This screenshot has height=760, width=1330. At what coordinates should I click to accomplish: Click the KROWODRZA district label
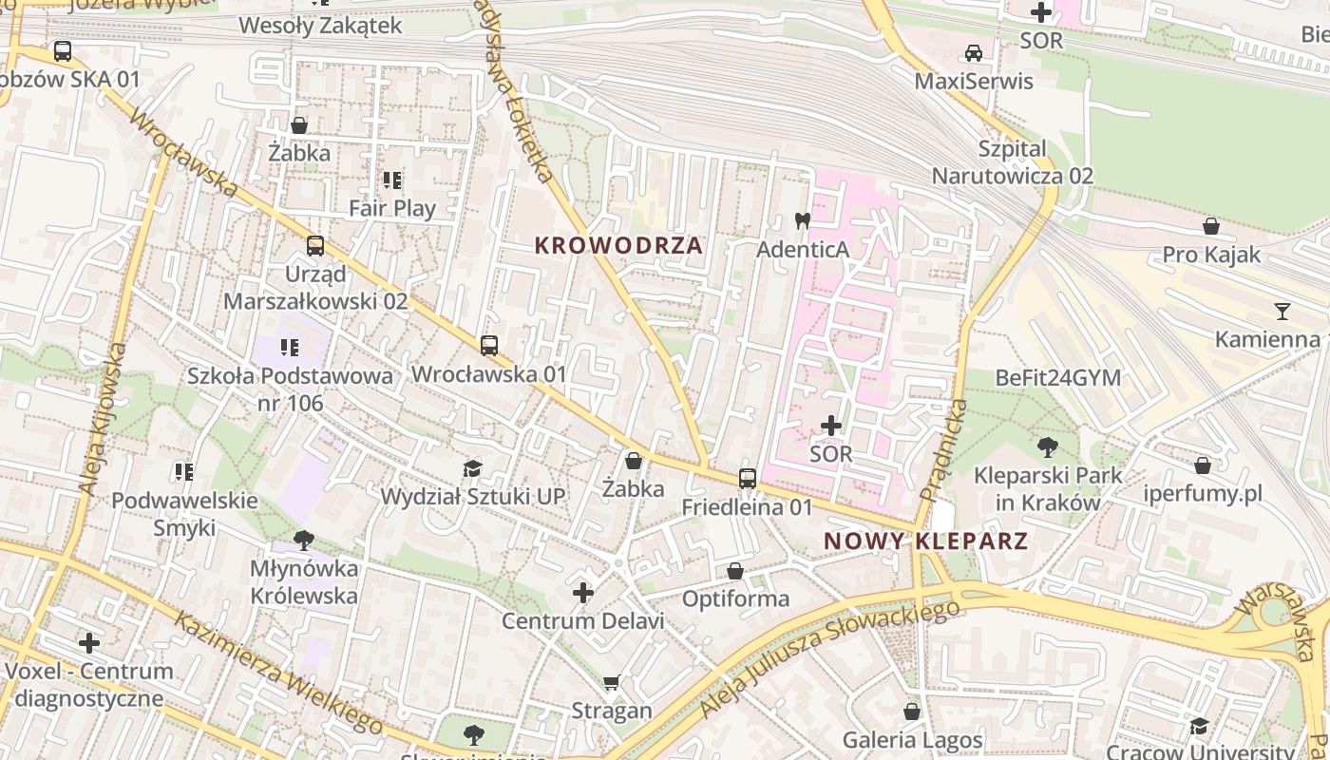pos(618,246)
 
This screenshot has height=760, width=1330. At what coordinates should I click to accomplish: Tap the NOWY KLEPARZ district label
pos(925,541)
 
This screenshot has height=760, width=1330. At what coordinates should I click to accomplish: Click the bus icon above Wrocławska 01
pos(489,346)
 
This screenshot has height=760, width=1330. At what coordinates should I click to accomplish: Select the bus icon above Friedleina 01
pos(748,479)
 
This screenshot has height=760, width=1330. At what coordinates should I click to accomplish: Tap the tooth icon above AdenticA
pos(802,220)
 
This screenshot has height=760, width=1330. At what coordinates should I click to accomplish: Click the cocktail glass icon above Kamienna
pos(1282,311)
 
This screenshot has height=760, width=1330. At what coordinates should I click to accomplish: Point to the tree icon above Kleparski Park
pos(1048,446)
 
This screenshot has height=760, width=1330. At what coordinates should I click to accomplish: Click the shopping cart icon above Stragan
pos(612,682)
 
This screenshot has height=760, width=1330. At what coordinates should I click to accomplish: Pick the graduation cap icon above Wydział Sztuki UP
pos(472,467)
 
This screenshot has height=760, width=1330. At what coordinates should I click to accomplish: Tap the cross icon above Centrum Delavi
pos(583,594)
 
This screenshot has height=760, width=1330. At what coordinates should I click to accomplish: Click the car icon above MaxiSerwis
pos(974,53)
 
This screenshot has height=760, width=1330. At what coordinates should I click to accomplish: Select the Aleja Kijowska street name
pos(102,418)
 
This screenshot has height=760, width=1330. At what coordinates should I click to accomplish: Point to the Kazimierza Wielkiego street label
pos(279,674)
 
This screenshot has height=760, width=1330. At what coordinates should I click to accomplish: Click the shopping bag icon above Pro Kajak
pos(1211,226)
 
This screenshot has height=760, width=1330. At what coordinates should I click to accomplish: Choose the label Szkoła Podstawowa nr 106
pos(290,389)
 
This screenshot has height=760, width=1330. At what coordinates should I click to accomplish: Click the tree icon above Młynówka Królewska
pos(304,541)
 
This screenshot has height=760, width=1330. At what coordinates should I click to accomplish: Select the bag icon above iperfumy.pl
pos(1203,465)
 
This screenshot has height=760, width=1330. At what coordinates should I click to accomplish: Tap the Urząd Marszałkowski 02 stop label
pos(315,288)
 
